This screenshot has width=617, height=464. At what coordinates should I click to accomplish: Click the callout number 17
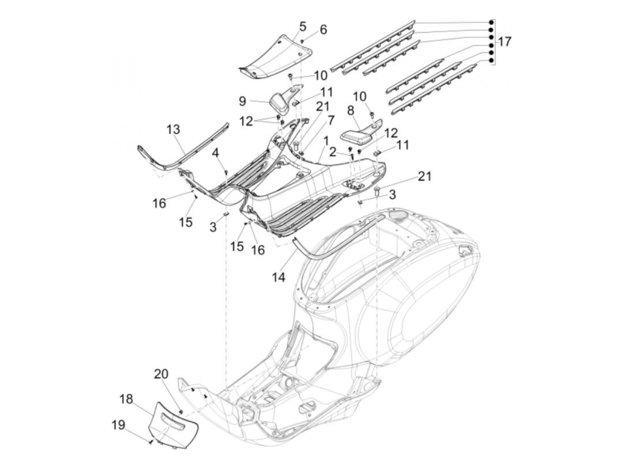click(504, 42)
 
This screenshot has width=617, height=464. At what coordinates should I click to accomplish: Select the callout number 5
click(302, 26)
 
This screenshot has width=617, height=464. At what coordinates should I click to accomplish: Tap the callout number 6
click(323, 30)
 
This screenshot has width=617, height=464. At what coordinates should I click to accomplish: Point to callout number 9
click(242, 101)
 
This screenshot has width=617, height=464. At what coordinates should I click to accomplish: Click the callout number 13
click(173, 130)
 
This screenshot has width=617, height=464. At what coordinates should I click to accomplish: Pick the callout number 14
click(279, 277)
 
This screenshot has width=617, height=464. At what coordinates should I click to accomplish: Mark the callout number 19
click(118, 425)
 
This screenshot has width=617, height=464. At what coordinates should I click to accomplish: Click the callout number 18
click(126, 399)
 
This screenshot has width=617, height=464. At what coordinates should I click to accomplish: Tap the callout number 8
click(350, 111)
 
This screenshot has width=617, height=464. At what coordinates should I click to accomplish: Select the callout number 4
click(215, 153)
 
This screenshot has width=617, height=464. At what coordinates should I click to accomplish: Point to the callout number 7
click(331, 121)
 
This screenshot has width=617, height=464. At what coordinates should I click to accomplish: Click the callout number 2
click(333, 153)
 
